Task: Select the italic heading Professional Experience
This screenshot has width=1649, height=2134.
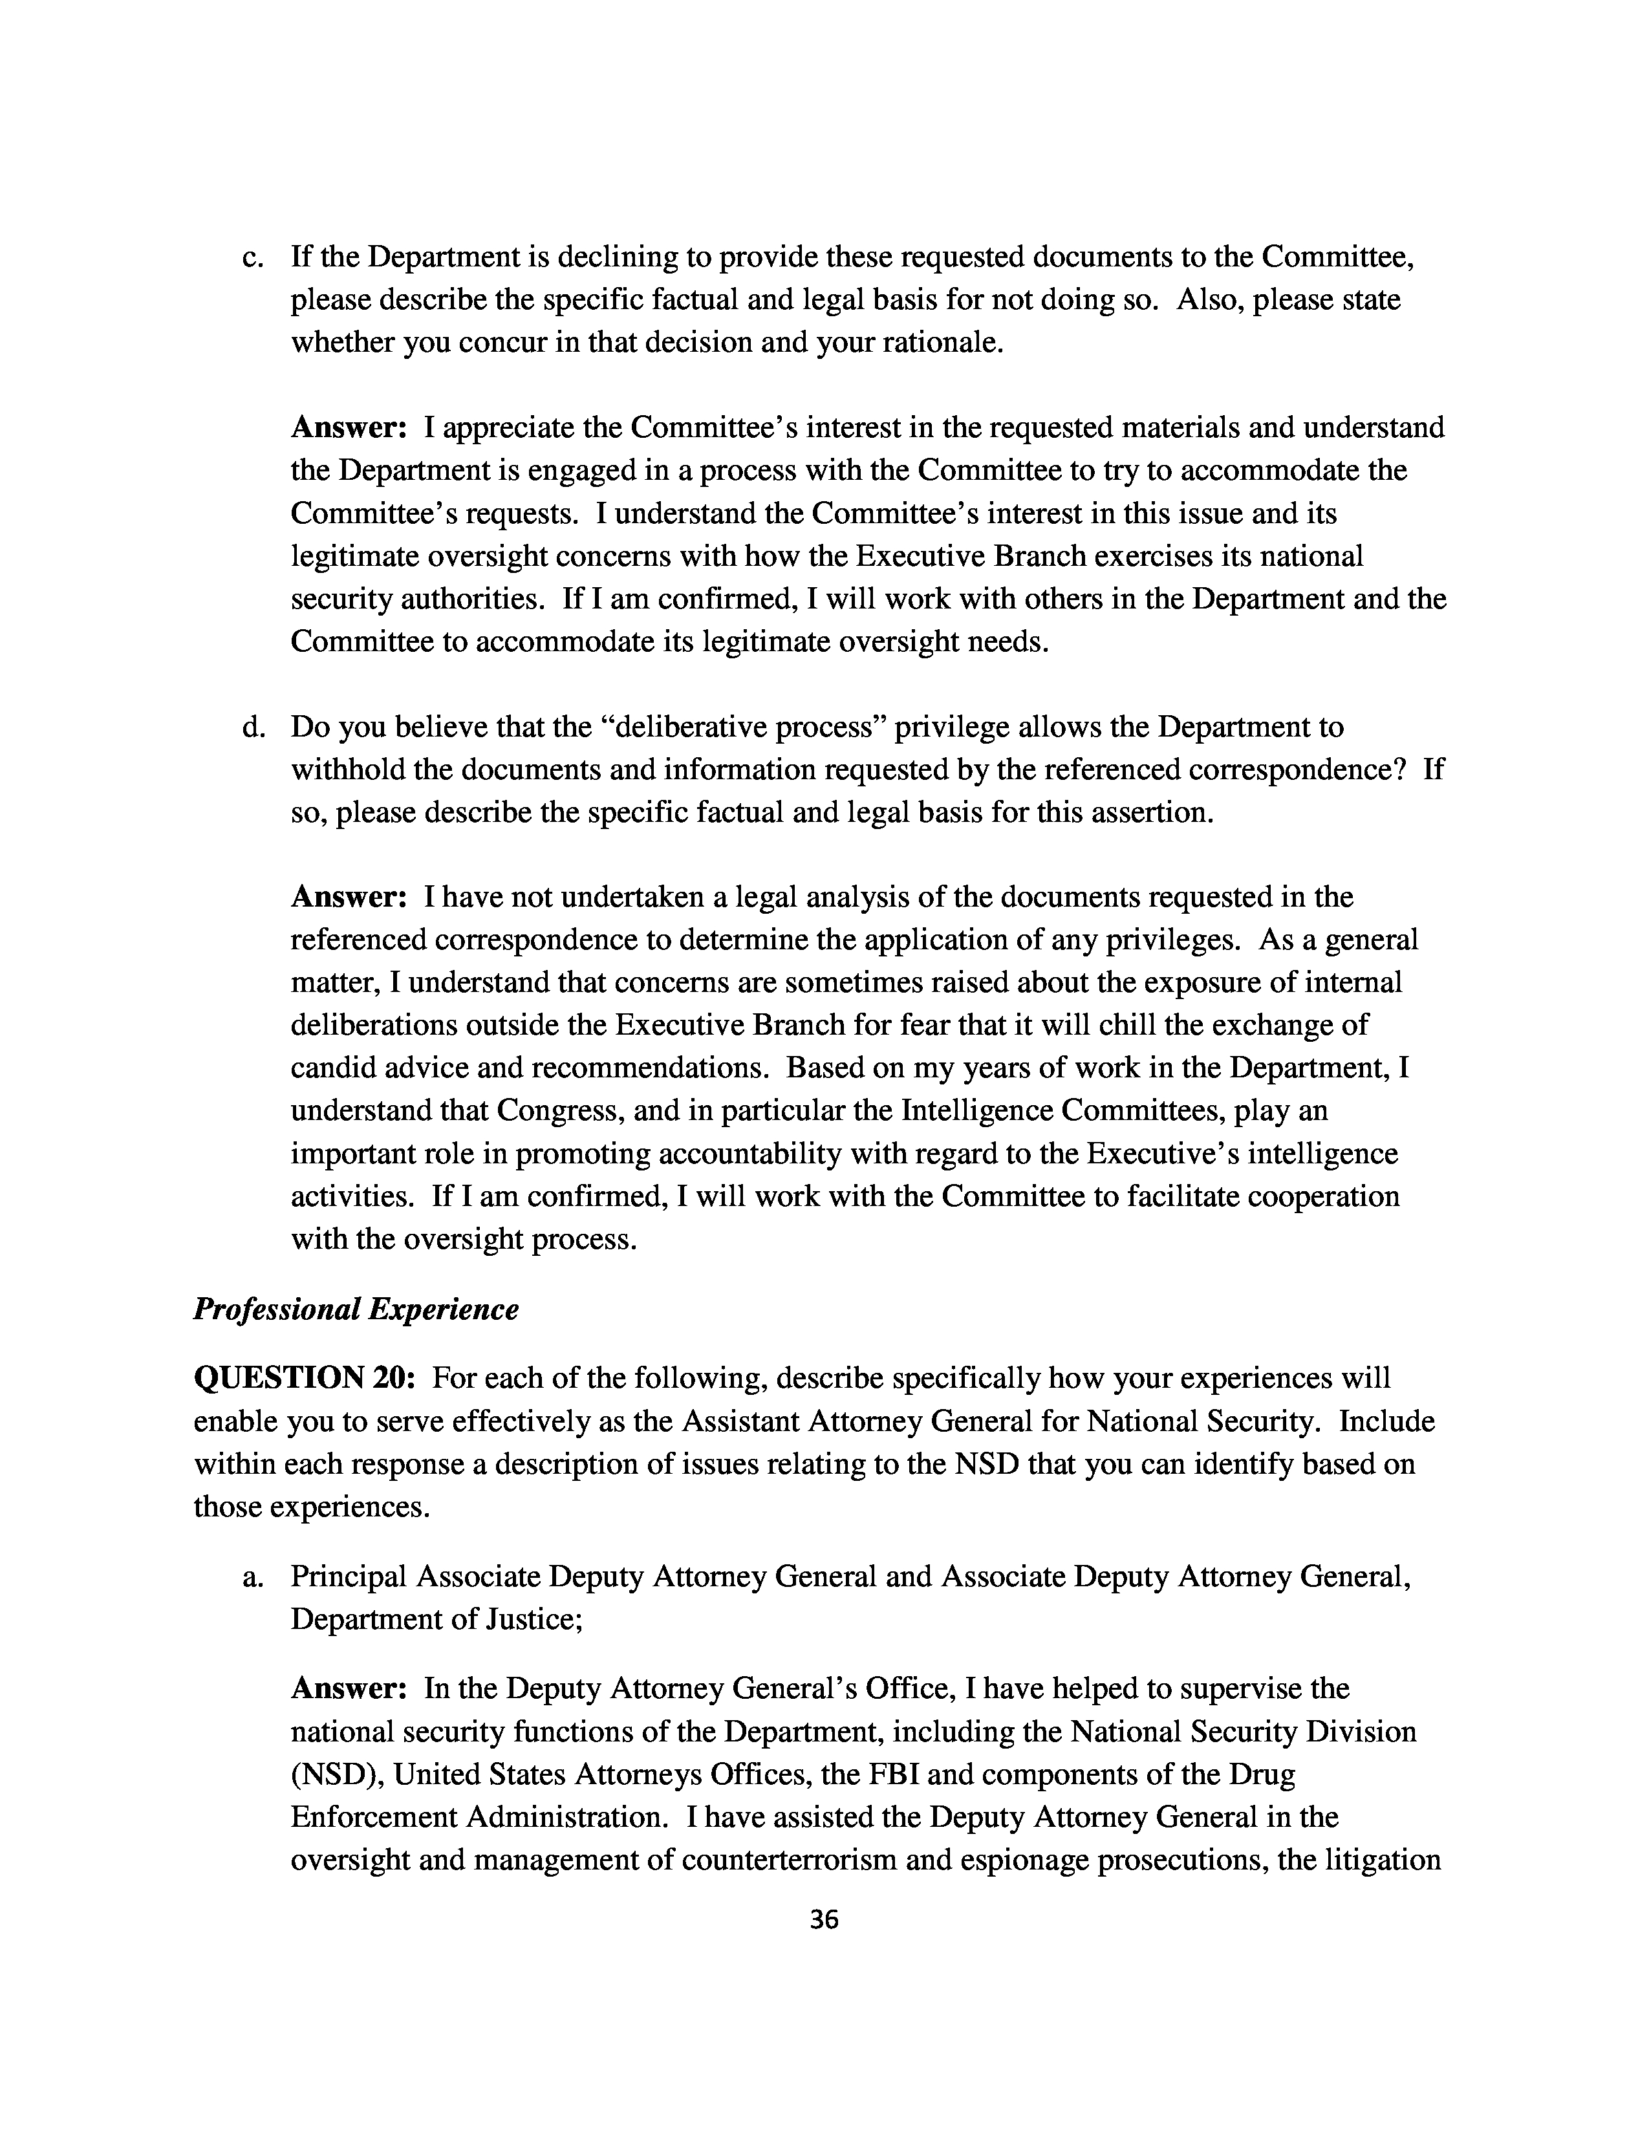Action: point(356,1308)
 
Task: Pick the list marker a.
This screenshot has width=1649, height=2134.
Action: point(253,1577)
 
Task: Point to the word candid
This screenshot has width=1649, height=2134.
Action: point(332,1068)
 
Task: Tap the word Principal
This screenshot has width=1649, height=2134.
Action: point(349,1577)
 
